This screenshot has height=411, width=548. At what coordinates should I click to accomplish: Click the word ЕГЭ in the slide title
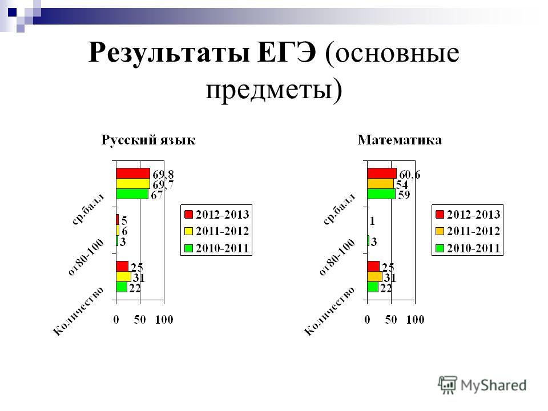287,53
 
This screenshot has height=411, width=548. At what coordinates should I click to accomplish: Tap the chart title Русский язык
148,140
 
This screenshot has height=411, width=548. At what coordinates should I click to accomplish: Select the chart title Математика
400,140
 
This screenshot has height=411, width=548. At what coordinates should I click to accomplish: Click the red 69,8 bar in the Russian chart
133,174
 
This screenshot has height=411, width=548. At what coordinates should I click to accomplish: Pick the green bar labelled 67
132,194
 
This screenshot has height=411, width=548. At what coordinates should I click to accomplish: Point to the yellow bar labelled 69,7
133,184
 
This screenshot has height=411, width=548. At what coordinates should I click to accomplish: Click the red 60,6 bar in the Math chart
382,174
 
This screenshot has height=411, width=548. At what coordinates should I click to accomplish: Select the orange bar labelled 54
380,184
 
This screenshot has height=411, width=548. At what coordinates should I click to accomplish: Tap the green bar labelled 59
381,194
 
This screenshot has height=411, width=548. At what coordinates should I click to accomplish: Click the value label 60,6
410,175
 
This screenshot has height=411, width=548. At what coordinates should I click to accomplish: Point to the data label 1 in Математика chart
372,221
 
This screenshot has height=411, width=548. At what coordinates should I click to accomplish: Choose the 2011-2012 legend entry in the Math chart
468,231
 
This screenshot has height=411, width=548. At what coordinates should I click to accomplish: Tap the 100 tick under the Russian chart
164,320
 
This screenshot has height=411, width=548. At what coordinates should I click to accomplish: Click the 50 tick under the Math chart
390,320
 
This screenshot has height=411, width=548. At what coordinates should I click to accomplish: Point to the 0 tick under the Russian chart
116,320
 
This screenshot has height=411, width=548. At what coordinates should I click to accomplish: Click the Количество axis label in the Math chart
329,311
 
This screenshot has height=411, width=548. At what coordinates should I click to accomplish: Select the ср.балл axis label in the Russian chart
88,209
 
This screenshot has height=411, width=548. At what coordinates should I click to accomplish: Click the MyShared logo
482,385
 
